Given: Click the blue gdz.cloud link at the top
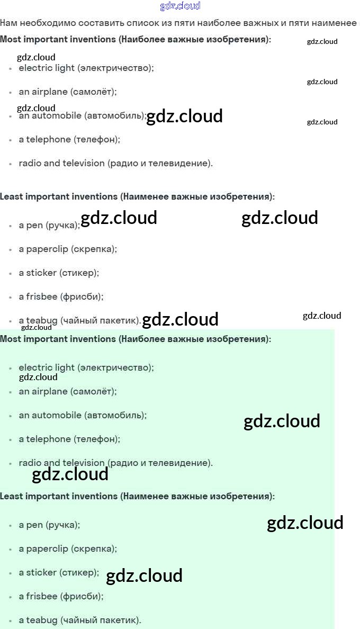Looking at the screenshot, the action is click(x=180, y=6).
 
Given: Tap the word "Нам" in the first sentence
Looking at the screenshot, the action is click(x=8, y=23).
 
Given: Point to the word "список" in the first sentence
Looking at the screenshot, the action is click(x=143, y=23).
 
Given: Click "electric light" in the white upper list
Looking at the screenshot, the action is click(x=47, y=68).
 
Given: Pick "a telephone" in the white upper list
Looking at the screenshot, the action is click(x=44, y=139).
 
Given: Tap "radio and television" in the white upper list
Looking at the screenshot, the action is click(x=61, y=163).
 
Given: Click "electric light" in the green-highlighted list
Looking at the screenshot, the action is click(x=47, y=367).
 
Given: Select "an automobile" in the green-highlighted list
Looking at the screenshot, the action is click(x=50, y=415).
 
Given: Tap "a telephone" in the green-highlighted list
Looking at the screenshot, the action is click(x=44, y=439).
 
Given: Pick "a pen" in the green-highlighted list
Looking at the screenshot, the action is click(x=31, y=525).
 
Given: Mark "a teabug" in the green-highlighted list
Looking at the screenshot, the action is click(x=38, y=620).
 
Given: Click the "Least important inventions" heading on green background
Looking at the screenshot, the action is click(x=59, y=496).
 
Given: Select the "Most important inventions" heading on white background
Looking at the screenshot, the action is click(x=58, y=39).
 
